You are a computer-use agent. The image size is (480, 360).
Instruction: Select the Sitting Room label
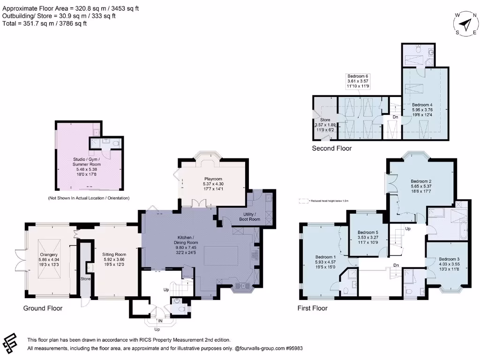point(114,254)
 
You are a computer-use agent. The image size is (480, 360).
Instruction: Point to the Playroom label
point(212,179)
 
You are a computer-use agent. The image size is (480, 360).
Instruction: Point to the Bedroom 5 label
point(367,232)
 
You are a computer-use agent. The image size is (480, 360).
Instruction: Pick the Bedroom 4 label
point(421,105)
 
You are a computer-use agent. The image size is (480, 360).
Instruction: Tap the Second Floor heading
point(332,149)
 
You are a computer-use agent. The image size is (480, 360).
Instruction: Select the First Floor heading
point(312,308)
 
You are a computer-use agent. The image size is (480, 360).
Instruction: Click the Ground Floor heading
point(43,308)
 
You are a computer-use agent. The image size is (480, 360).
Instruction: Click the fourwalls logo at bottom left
point(10,343)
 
